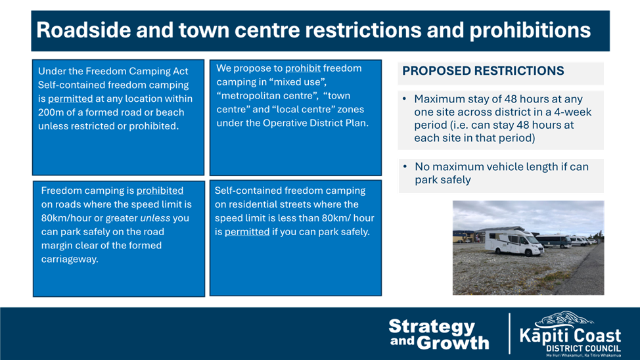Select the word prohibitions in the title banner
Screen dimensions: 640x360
pos(530,31)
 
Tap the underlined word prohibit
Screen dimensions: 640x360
pos(303,68)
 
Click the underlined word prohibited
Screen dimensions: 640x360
pos(160,191)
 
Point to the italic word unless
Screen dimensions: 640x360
pos(155,218)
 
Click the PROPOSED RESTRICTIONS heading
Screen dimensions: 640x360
pos(483,71)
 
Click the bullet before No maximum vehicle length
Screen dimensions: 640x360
pos(405,166)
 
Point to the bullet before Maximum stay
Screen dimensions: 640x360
pos(405,99)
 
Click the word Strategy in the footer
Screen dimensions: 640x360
pos(432,327)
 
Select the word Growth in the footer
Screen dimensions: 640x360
pos(453,343)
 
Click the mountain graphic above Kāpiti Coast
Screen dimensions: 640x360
pos(564,319)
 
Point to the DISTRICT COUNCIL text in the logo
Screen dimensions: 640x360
pos(583,349)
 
